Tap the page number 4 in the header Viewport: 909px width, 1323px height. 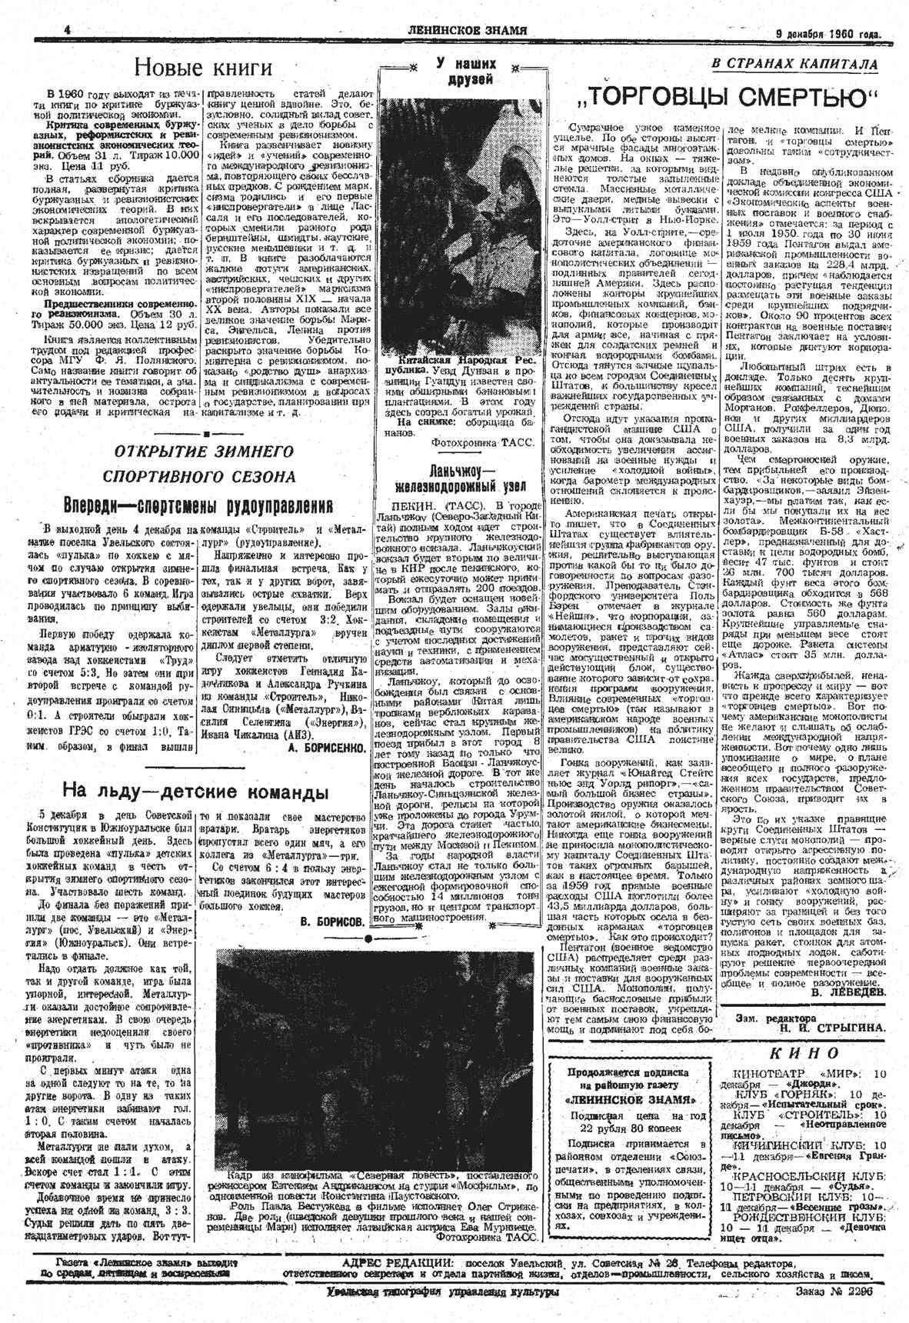point(67,29)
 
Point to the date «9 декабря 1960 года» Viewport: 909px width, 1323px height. point(827,33)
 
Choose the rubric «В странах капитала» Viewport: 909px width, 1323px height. point(794,65)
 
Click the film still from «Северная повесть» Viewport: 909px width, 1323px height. point(377,1058)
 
